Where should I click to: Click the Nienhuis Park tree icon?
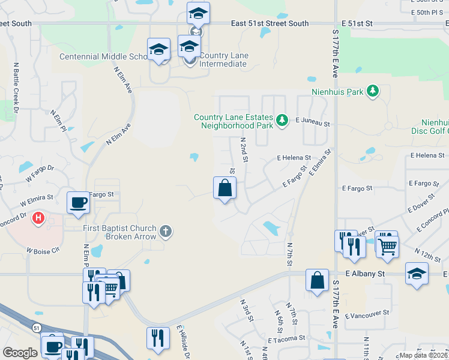pyautogui.click(x=373, y=91)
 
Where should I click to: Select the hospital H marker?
pyautogui.click(x=38, y=217)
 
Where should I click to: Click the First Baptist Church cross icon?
pyautogui.click(x=166, y=231)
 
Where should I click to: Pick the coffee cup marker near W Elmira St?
pyautogui.click(x=78, y=202)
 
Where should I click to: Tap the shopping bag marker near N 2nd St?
pyautogui.click(x=224, y=188)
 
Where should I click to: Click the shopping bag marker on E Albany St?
pyautogui.click(x=317, y=280)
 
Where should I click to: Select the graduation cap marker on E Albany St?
pyautogui.click(x=417, y=273)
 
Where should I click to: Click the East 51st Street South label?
pyautogui.click(x=270, y=23)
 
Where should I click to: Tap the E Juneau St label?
pyautogui.click(x=313, y=122)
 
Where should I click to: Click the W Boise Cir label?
pyautogui.click(x=43, y=250)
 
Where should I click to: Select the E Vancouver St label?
pyautogui.click(x=367, y=313)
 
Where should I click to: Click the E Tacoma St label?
pyautogui.click(x=287, y=340)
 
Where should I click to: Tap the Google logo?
pyautogui.click(x=20, y=353)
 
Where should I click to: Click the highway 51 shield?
pyautogui.click(x=37, y=328)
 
